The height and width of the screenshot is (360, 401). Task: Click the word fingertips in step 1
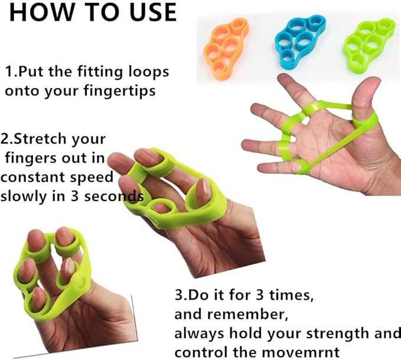pos(120,91)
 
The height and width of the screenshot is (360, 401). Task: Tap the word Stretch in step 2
pos(40,139)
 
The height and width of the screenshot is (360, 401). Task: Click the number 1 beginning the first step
pos(9,72)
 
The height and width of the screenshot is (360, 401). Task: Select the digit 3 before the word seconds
pos(74,197)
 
